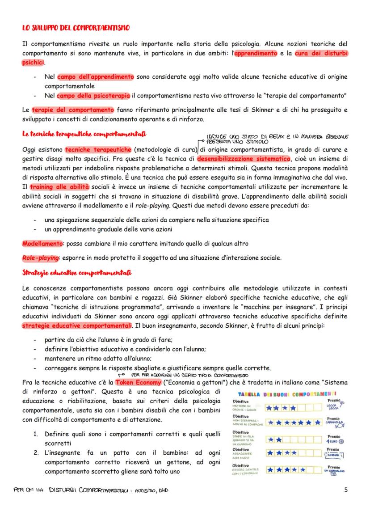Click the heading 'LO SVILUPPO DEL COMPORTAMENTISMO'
[76, 28]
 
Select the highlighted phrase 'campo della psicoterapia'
[93, 95]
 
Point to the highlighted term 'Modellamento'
[42, 243]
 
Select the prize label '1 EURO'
[333, 442]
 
